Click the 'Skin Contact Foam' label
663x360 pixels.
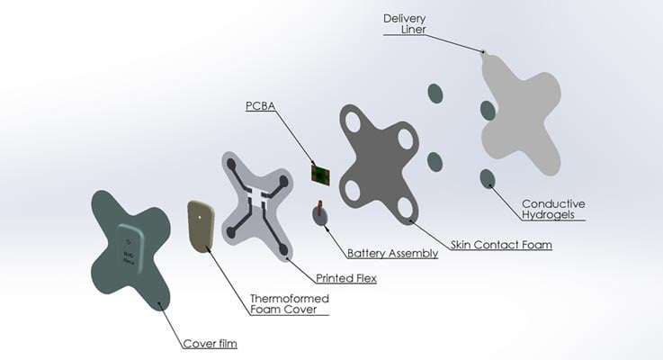click(x=500, y=245)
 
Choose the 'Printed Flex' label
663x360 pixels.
click(x=345, y=278)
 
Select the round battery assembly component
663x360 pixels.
click(x=320, y=215)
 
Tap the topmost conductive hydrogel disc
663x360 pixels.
click(x=435, y=94)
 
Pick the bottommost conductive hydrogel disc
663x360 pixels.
click(x=487, y=176)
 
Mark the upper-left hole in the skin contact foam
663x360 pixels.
click(x=352, y=118)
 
